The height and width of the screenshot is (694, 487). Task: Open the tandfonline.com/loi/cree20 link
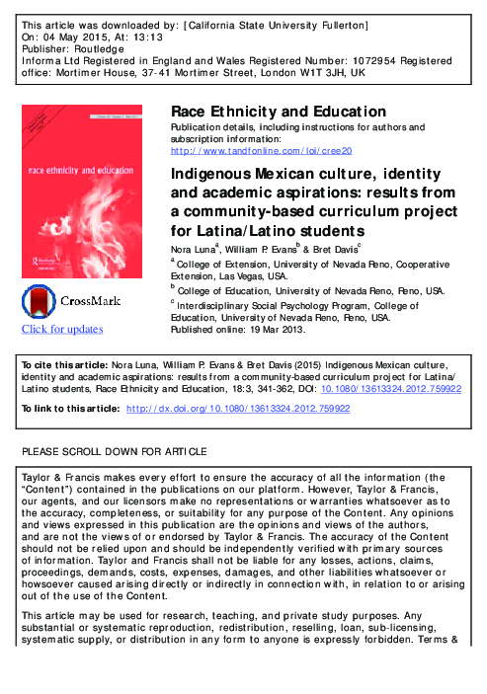[261, 150]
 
